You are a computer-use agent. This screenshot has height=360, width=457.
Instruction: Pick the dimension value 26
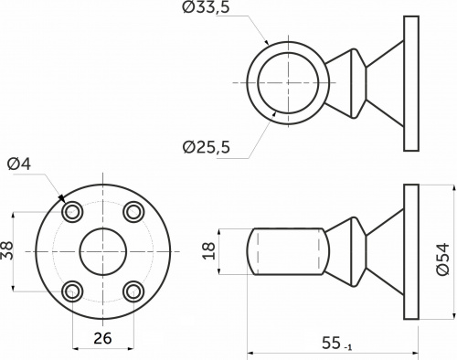click(102, 338)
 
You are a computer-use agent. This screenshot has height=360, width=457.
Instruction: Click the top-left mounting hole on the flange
click(71, 212)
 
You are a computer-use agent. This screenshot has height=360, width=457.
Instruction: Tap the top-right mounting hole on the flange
click(134, 212)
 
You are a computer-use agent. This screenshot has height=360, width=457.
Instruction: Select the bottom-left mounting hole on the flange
click(71, 291)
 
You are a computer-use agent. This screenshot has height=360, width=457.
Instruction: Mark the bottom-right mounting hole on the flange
click(134, 291)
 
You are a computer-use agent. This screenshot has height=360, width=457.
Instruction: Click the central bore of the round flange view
click(102, 251)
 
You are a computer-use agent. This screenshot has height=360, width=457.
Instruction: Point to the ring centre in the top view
click(289, 82)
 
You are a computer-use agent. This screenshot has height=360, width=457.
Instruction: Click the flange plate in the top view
click(410, 82)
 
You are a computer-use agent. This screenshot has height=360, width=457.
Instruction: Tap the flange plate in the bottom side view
click(410, 251)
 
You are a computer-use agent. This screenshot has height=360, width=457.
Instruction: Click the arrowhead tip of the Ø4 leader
click(61, 197)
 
